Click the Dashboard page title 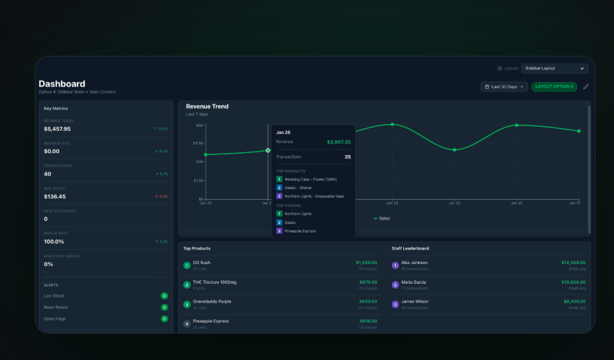pos(62,83)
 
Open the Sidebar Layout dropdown pos(554,68)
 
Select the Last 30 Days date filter pos(504,87)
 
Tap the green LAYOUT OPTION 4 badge pos(554,87)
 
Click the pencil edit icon pos(586,87)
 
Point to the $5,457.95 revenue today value pos(57,129)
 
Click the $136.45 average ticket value pos(55,196)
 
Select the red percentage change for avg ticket pos(161,196)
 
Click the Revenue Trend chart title pos(207,106)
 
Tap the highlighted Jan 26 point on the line pos(268,150)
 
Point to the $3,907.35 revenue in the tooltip pos(339,142)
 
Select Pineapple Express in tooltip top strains pos(300,231)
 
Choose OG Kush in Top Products pos(202,263)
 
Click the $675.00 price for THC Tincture pos(368,282)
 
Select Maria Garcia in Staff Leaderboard pos(414,282)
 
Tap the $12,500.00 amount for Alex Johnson pos(573,263)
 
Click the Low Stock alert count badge pos(164,296)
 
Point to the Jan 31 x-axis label pos(574,203)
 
